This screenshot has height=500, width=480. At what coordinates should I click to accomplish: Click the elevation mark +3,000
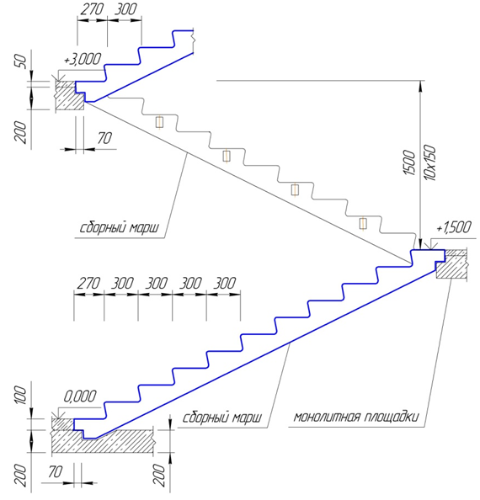83,59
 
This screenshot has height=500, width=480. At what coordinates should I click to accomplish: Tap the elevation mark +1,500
454,227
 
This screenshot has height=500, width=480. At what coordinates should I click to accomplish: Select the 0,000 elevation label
80,396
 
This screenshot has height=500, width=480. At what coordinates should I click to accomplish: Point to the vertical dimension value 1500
410,162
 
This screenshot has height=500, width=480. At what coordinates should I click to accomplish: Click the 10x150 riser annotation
429,162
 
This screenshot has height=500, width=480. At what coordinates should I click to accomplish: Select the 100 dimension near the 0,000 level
19,395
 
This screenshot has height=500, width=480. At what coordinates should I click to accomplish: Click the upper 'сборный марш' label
119,228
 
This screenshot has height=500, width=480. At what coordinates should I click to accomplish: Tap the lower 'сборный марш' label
222,418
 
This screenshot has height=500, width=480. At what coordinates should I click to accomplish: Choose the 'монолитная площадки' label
355,418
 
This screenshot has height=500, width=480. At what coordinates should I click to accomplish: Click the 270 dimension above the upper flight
92,9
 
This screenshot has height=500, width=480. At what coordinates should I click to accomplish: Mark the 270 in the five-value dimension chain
88,283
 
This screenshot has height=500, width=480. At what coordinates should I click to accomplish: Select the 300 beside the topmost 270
125,9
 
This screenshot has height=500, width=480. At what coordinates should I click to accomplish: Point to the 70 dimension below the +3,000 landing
104,138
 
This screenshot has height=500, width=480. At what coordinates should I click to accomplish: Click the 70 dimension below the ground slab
56,471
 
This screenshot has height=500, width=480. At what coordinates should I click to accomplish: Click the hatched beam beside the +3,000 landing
70,95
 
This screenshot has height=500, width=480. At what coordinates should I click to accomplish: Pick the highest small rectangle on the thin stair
159,122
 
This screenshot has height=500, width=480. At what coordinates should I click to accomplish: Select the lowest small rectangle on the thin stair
363,224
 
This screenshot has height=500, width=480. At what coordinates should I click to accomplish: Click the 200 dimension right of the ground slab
162,475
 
